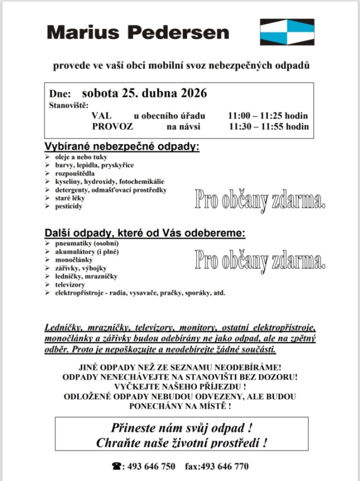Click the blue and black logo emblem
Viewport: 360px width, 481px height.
coord(287,32)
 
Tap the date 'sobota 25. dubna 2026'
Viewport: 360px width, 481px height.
coord(144,92)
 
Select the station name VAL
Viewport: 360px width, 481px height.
coord(101,116)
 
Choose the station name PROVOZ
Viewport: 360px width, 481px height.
coord(112,127)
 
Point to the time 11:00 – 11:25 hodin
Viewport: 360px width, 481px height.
coord(268,116)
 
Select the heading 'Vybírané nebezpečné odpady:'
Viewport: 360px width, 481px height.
coord(122,147)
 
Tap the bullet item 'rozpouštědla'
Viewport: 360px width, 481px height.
coord(75,173)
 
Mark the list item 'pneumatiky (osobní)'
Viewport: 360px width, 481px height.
coord(80,243)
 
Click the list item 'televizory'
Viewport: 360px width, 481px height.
coord(70,284)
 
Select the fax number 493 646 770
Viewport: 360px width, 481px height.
coord(226,466)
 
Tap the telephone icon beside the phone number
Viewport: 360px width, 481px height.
coord(116,466)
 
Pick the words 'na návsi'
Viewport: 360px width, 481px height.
coord(183,127)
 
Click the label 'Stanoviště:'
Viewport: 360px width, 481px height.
coord(69,104)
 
